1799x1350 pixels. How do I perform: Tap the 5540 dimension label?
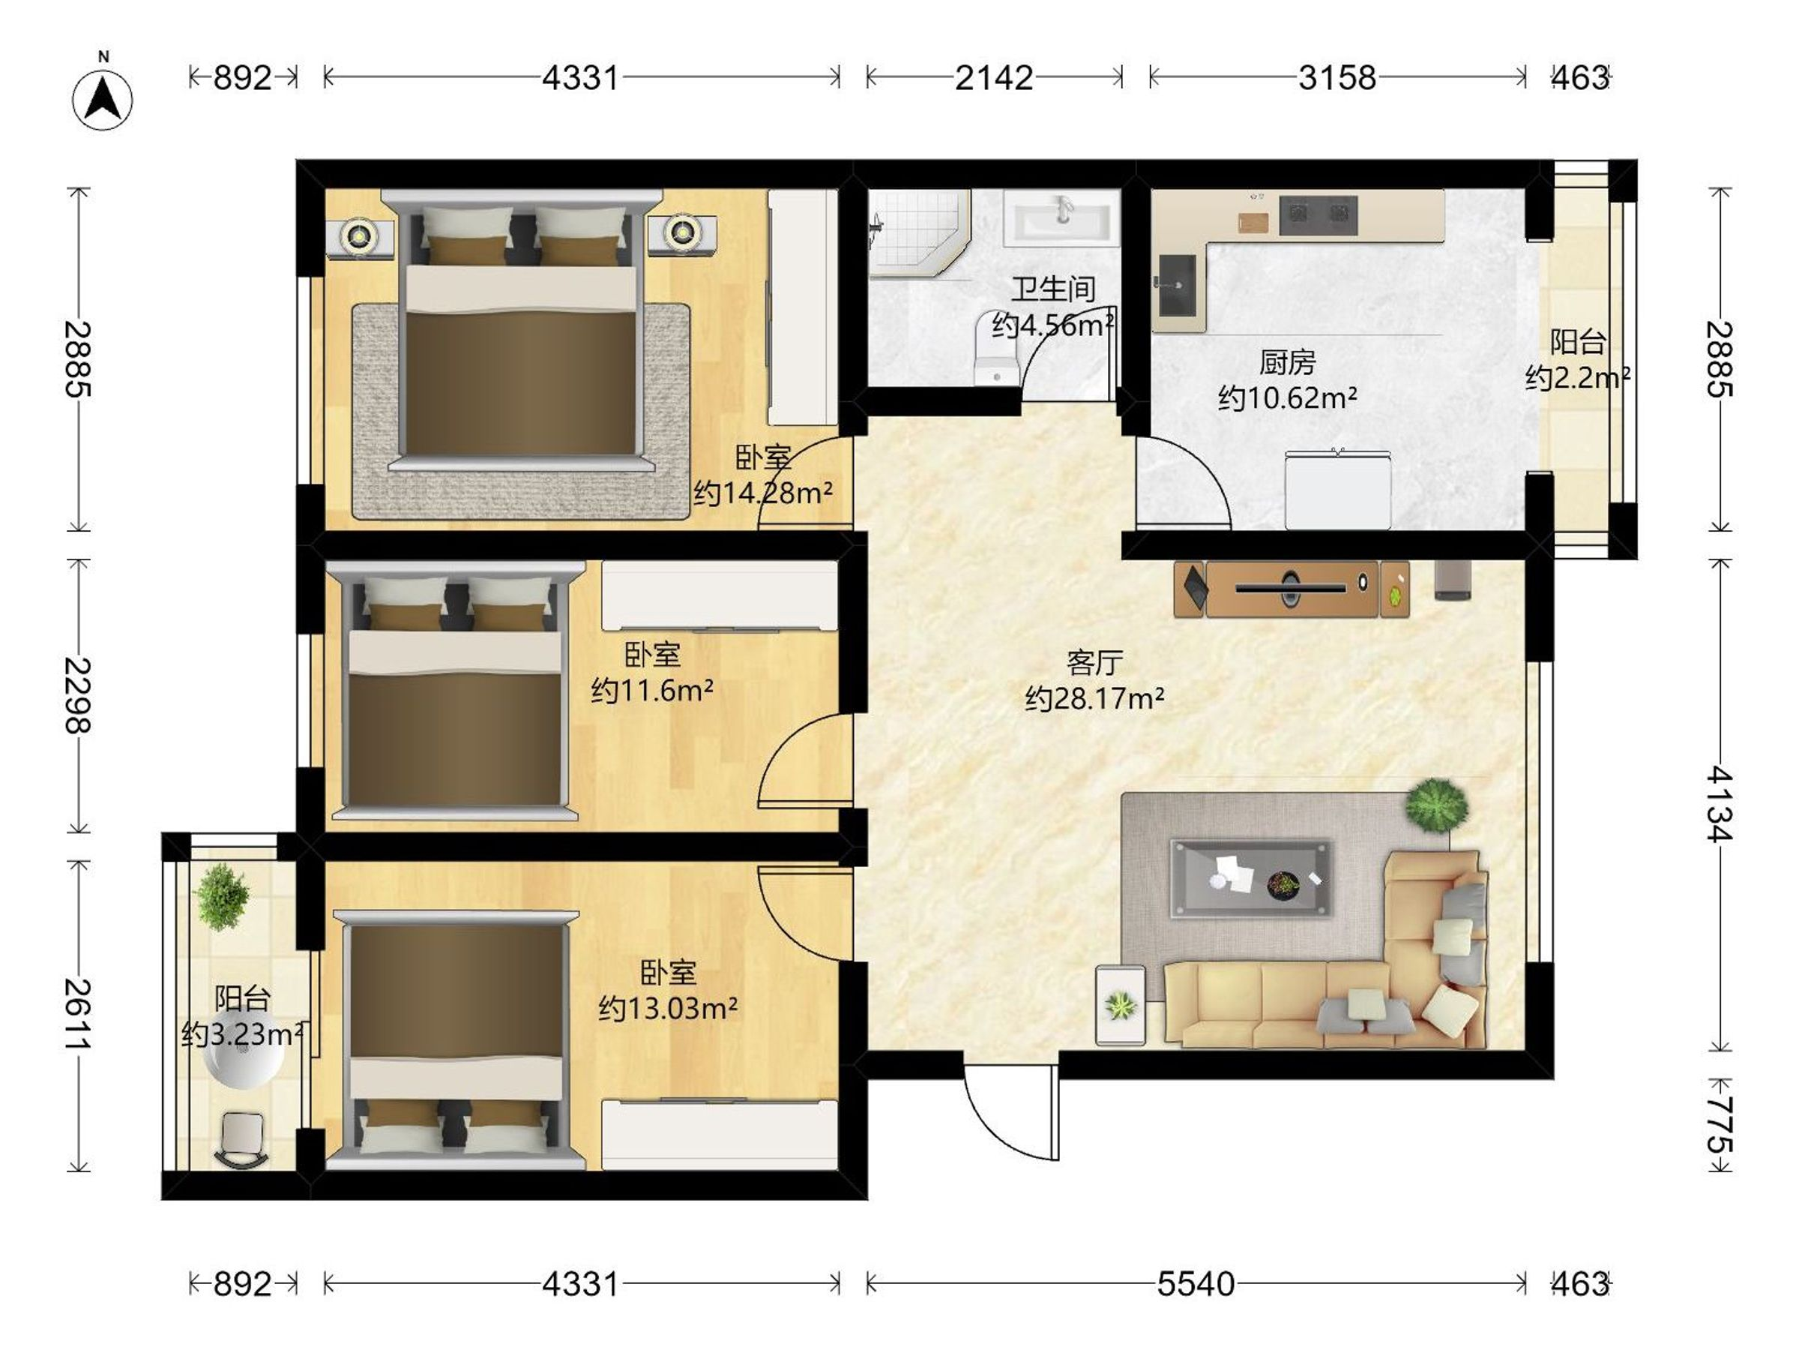(x=1196, y=1283)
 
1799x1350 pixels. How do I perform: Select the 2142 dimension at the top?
(x=994, y=77)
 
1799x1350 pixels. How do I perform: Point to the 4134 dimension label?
(x=1719, y=803)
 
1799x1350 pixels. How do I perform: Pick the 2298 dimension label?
(x=78, y=696)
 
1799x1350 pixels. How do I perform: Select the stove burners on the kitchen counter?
(x=1318, y=214)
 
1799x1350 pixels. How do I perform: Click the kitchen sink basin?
(x=1177, y=285)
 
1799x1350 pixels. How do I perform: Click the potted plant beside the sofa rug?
(x=1437, y=805)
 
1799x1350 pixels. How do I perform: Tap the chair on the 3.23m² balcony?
(x=241, y=1139)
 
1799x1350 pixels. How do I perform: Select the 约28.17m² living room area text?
(x=1094, y=698)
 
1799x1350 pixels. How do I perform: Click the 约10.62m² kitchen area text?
(x=1286, y=398)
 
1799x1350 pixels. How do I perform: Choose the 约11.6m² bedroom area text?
(x=652, y=690)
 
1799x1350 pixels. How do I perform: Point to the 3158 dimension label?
(x=1337, y=77)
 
